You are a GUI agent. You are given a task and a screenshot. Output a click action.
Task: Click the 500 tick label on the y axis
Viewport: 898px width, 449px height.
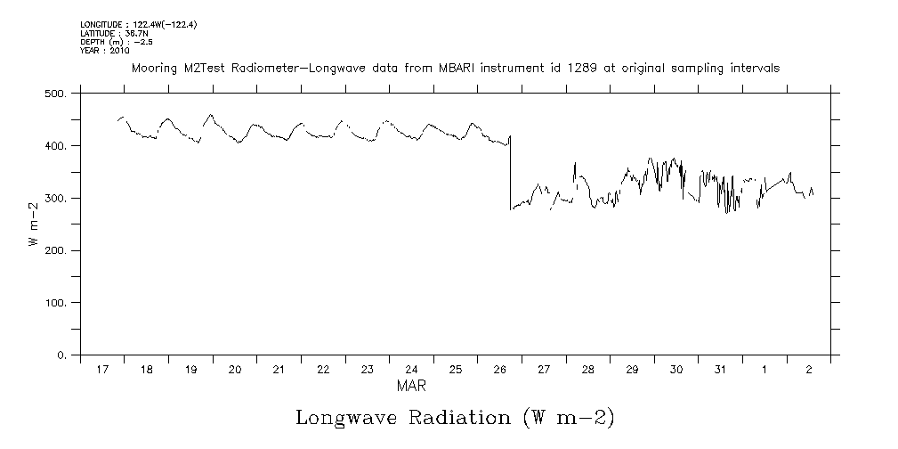55,93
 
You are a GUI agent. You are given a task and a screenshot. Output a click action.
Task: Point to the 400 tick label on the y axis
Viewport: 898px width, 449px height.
55,145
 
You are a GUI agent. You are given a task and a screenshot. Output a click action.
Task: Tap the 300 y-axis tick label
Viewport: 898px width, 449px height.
55,198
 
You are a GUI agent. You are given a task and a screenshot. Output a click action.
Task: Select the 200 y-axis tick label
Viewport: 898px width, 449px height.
55,250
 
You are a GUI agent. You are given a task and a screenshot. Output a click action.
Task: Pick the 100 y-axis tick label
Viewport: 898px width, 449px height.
55,303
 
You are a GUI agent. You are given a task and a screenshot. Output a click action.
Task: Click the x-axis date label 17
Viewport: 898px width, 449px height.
102,369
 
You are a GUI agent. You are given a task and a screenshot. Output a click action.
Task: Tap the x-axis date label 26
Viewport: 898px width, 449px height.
499,369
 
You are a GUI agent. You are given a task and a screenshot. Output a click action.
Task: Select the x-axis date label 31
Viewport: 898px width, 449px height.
720,369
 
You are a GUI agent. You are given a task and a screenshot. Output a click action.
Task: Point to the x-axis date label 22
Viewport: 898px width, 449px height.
323,369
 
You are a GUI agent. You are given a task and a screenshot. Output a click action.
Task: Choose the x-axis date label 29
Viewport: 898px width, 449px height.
632,369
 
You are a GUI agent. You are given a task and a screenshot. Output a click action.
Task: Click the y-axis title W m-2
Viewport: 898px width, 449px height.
33,224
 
